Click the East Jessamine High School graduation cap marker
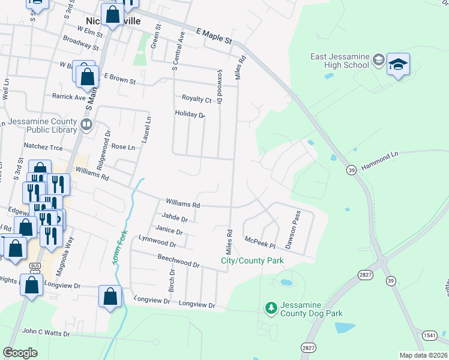(398, 64)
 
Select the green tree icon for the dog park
(271, 308)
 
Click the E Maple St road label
(214, 35)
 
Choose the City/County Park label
(252, 261)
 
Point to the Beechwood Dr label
(178, 260)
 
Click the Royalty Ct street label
(197, 98)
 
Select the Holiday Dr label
(190, 114)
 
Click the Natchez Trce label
(43, 146)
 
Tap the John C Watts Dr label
(46, 332)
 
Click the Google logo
(20, 353)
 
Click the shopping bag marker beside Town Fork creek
(110, 296)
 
